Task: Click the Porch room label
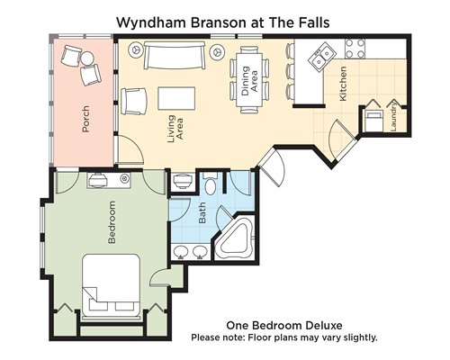85,119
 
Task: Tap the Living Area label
175,129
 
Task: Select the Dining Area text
249,81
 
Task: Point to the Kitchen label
343,84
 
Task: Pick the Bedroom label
112,222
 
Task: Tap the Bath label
202,212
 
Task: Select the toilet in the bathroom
210,183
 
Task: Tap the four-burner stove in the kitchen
355,49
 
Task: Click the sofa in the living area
175,55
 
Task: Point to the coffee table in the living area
176,98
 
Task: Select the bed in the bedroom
112,286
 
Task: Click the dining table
249,80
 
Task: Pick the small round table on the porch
87,58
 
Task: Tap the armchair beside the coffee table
134,101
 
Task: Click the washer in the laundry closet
373,121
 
